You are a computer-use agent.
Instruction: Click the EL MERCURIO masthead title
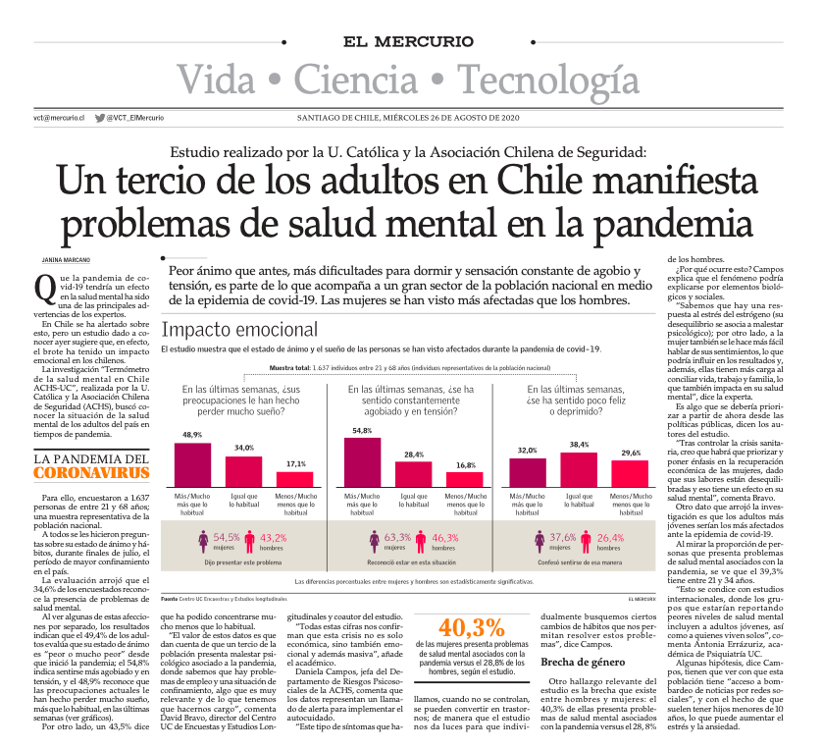pyautogui.click(x=410, y=42)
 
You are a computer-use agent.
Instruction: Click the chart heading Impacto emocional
pyautogui.click(x=239, y=330)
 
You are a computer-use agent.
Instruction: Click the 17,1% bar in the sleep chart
pyautogui.click(x=295, y=480)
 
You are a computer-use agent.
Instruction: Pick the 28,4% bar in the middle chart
pyautogui.click(x=413, y=475)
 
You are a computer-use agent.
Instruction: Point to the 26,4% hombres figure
pyautogui.click(x=609, y=537)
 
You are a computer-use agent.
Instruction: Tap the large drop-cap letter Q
pyautogui.click(x=42, y=286)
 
